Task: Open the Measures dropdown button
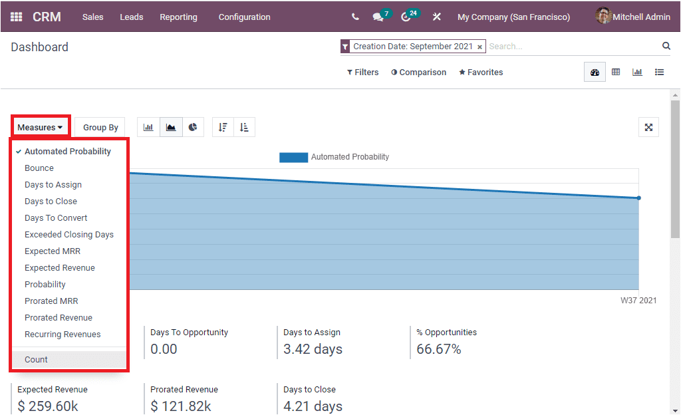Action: (x=40, y=127)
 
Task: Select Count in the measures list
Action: (x=37, y=359)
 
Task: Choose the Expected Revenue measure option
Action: (x=60, y=267)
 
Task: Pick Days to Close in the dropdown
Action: (x=51, y=201)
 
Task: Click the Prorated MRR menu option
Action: (x=51, y=301)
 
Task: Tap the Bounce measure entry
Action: (x=39, y=168)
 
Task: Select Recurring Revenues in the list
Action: (x=63, y=334)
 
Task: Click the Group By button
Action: (x=100, y=127)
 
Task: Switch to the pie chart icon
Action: (x=193, y=127)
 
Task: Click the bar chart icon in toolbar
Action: (x=148, y=127)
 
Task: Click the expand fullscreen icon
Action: (x=648, y=127)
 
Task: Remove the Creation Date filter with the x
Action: (x=479, y=47)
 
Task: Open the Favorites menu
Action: (x=481, y=72)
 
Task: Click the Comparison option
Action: (x=418, y=72)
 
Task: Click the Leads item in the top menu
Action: (x=131, y=17)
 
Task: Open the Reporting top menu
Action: (x=178, y=17)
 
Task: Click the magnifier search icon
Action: (x=666, y=46)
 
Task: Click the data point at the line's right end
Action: (x=638, y=198)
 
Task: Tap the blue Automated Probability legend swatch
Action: (x=293, y=157)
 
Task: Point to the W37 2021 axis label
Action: (x=638, y=300)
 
